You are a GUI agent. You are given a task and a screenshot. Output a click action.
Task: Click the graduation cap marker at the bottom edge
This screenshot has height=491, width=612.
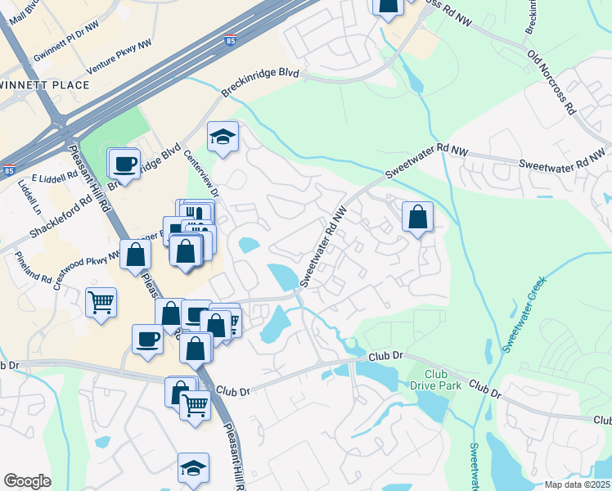click(x=193, y=469)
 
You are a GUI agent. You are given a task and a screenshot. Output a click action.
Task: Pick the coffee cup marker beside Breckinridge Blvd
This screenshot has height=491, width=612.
click(x=124, y=163)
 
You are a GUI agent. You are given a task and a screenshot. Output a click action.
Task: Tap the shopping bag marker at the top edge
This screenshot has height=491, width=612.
click(x=388, y=7)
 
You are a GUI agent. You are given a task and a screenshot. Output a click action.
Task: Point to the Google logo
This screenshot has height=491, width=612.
click(x=27, y=481)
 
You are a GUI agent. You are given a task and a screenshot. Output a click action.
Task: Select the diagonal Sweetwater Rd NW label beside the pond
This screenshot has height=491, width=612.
click(x=325, y=245)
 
